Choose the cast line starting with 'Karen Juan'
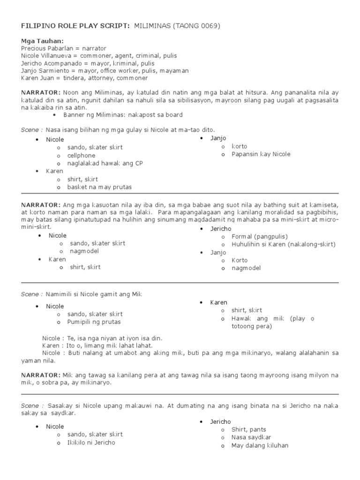[84, 78]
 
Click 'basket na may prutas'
[99, 187]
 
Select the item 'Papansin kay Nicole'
[261, 154]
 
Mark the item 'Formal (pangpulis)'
[260, 236]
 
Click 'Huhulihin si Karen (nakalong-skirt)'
[284, 244]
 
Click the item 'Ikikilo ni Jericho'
[91, 442]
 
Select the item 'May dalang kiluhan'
[260, 445]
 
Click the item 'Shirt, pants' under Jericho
[248, 429]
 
